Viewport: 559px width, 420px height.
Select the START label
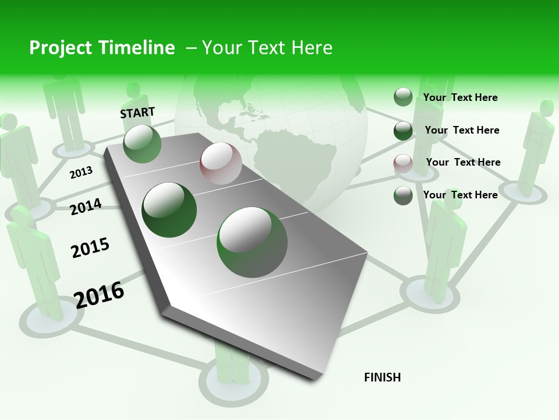137,113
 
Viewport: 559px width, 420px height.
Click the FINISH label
382,377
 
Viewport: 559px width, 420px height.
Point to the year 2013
81,173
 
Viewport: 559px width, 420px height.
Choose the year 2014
86,206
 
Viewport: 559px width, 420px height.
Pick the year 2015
90,247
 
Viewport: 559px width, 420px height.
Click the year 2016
99,294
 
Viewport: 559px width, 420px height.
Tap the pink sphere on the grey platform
221,163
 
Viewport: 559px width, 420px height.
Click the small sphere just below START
142,143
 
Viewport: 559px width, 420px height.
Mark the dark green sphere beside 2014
169,209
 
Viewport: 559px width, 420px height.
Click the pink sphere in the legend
403,163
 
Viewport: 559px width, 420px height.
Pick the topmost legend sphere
403,97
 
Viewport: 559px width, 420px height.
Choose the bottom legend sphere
403,195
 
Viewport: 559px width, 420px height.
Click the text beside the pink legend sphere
463,162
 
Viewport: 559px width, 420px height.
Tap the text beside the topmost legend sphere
460,97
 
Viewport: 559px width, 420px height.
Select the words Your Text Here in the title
267,48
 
